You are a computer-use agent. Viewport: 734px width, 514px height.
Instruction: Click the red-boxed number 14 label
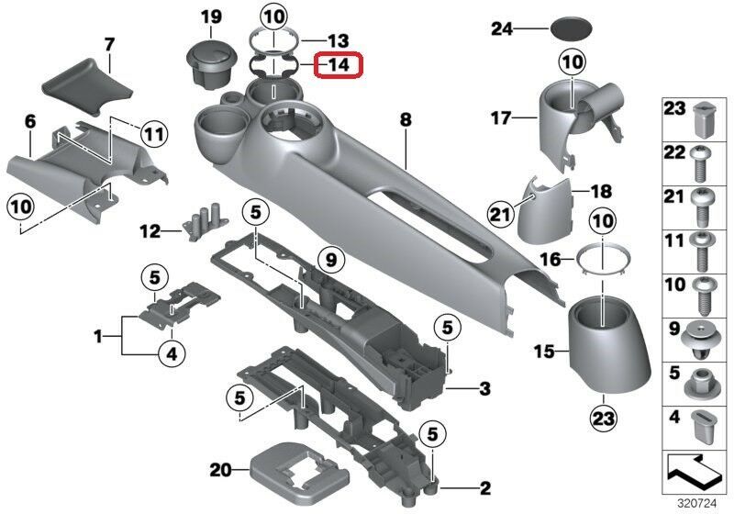click(x=339, y=64)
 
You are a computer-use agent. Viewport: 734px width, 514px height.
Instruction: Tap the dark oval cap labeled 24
click(x=571, y=28)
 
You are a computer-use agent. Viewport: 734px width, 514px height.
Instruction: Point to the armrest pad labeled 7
click(x=86, y=86)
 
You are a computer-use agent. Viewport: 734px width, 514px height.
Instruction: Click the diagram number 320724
click(x=697, y=504)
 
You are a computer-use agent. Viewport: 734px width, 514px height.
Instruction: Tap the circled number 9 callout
click(x=331, y=260)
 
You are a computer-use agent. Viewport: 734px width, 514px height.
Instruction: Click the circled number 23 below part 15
click(x=604, y=418)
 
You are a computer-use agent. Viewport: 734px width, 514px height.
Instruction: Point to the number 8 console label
click(x=406, y=120)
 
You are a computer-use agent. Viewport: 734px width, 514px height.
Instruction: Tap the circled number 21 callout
click(x=501, y=215)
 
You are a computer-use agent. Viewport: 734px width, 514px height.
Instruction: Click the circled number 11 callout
click(x=154, y=135)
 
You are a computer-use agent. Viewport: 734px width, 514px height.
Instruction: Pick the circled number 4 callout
click(x=172, y=354)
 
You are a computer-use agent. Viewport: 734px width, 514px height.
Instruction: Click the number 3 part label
click(x=484, y=388)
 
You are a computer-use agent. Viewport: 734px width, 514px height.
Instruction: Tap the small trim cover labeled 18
click(x=545, y=211)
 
